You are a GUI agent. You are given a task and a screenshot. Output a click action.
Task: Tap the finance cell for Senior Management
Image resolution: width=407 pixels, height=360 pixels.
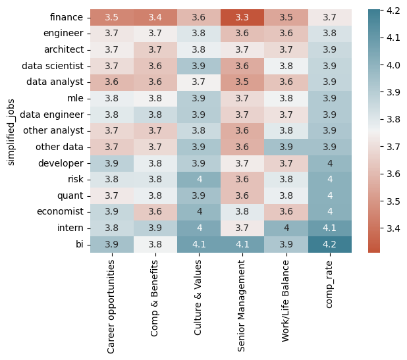[242, 17]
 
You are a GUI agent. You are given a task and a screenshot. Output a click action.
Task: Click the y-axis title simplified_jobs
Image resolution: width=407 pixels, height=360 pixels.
[11, 131]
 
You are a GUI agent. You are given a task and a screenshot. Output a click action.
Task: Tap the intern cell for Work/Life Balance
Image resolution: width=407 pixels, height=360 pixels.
[286, 228]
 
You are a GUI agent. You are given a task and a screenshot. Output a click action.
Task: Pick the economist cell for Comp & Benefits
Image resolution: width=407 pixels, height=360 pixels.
[155, 212]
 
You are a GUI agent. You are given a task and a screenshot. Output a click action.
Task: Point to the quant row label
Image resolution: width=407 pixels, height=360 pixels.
[70, 195]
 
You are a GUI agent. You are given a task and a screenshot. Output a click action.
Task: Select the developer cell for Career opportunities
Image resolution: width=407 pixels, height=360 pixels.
[111, 163]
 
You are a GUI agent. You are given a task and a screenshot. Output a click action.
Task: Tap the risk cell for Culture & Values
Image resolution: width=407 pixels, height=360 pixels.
[199, 180]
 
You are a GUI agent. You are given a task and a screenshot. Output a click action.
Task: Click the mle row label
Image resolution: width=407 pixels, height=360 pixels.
[74, 98]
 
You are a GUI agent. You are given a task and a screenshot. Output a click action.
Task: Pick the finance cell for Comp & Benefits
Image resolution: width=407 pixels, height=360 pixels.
[155, 17]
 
